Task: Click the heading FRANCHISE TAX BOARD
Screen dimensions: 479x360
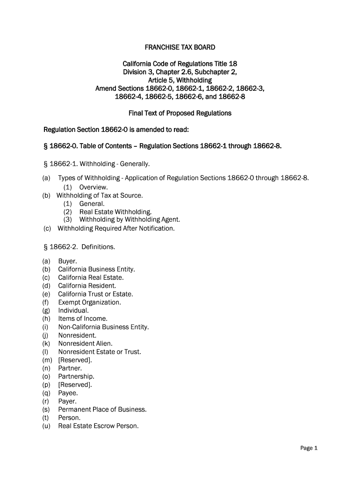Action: pyautogui.click(x=180, y=47)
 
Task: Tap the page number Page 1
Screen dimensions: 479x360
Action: pyautogui.click(x=309, y=448)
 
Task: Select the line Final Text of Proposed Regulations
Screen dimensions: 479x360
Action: pyautogui.click(x=180, y=113)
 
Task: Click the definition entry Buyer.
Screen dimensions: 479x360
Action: pyautogui.click(x=67, y=261)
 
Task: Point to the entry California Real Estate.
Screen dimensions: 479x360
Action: pyautogui.click(x=91, y=277)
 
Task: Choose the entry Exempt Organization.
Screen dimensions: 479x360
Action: pyautogui.click(x=89, y=302)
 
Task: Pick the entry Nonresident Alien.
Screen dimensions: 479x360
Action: pyautogui.click(x=85, y=343)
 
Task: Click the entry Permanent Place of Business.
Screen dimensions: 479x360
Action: pyautogui.click(x=102, y=409)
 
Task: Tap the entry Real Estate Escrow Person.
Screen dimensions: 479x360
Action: pyautogui.click(x=98, y=426)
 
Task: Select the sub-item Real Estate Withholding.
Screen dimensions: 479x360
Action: pyautogui.click(x=115, y=211)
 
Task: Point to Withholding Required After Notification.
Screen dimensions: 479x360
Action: pyautogui.click(x=115, y=228)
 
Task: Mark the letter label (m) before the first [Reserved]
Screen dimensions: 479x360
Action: pyautogui.click(x=47, y=360)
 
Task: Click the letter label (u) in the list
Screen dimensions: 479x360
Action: pyautogui.click(x=46, y=426)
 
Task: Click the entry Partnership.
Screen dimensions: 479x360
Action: pyautogui.click(x=76, y=376)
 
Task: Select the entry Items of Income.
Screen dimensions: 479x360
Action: pyautogui.click(x=83, y=319)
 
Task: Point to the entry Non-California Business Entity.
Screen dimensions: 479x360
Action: pyautogui.click(x=103, y=327)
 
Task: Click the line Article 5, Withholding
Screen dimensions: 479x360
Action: pyautogui.click(x=180, y=80)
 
